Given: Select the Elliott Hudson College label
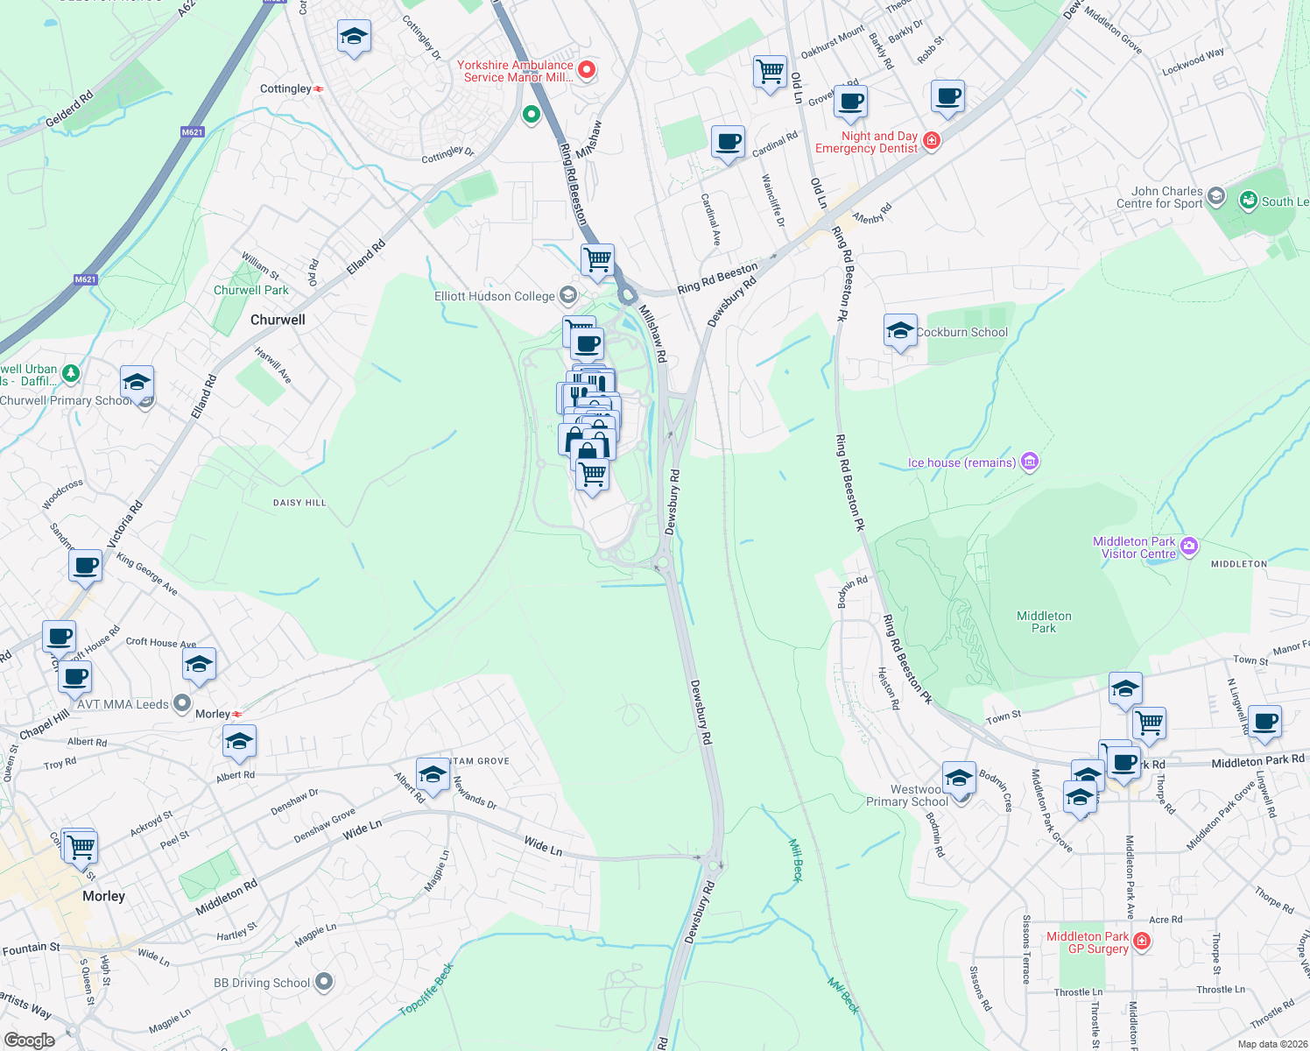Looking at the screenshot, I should click(x=495, y=296).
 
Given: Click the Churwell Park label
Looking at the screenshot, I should click(x=250, y=290).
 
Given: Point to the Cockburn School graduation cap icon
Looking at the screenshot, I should click(x=900, y=331).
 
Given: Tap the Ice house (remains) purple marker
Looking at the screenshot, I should click(x=1030, y=462).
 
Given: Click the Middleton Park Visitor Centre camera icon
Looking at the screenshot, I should click(x=1188, y=547).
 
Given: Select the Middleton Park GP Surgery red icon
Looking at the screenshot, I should click(x=1141, y=942).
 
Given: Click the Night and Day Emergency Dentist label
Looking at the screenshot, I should click(x=867, y=142).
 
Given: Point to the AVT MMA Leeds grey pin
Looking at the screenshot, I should click(x=181, y=703).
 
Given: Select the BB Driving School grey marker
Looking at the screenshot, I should click(x=324, y=982).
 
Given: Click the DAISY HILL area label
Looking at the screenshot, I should click(x=299, y=503).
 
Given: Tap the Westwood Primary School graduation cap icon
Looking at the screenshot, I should click(x=959, y=777).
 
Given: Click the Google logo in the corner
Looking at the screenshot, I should click(x=29, y=1040).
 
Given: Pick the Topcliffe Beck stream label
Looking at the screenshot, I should click(x=426, y=991).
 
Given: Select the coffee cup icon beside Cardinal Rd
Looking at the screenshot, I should click(x=728, y=141).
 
